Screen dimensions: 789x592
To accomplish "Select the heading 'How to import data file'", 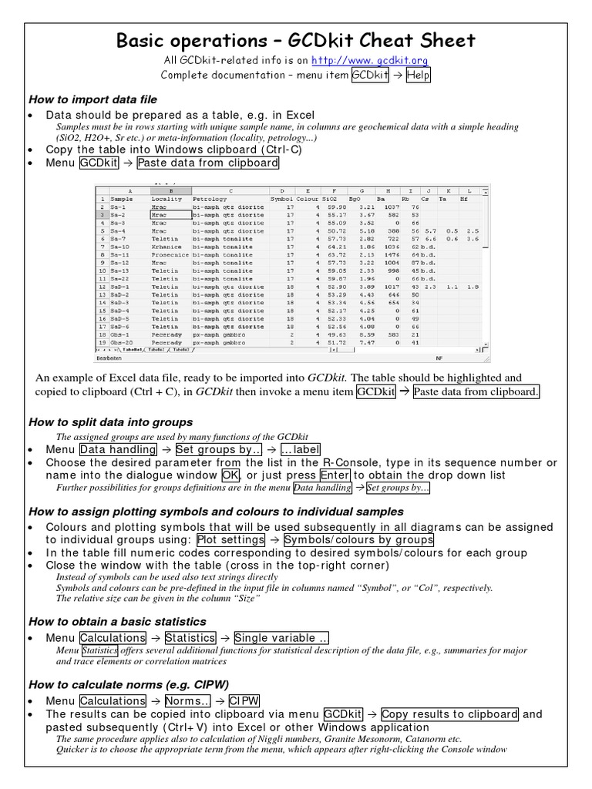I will click(92, 99).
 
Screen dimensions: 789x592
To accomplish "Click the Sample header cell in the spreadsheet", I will click(123, 199).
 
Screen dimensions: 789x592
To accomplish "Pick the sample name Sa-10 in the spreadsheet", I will click(120, 247).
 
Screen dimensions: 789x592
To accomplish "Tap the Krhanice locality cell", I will click(167, 247).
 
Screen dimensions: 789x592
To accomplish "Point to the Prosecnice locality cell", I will click(170, 255).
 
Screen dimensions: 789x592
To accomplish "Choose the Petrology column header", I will click(210, 199).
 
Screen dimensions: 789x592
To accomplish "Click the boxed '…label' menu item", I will click(299, 450).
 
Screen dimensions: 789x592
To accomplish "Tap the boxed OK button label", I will click(230, 475).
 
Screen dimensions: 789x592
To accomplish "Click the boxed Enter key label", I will click(335, 475).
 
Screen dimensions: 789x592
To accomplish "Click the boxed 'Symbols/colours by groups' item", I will click(358, 540).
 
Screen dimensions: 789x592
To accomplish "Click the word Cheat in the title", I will click(374, 40).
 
